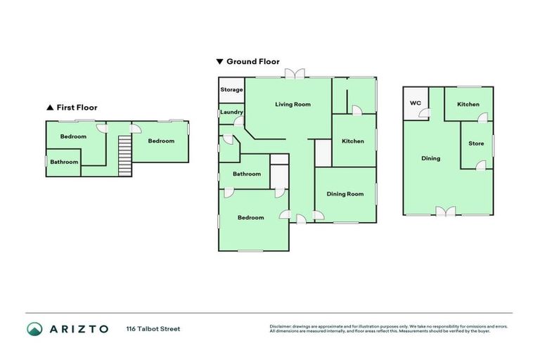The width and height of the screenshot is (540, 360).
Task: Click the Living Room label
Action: (292, 104)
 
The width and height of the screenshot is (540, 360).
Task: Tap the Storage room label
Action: (232, 90)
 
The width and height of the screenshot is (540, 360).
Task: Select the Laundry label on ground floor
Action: (231, 112)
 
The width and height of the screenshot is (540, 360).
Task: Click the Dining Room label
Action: (345, 194)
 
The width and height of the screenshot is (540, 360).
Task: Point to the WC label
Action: (416, 103)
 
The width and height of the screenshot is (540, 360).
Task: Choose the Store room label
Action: (476, 144)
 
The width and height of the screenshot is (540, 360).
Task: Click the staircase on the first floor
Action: (124, 155)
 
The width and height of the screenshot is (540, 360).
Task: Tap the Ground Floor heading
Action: (252, 62)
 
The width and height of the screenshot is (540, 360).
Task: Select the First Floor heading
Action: (76, 108)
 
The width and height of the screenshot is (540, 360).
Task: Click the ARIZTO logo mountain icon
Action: (35, 328)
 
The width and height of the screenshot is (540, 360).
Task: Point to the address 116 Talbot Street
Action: (153, 329)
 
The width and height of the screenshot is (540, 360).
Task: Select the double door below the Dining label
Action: (441, 212)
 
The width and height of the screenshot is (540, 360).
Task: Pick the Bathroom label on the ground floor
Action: (247, 174)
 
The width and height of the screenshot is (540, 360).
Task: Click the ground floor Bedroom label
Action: (250, 218)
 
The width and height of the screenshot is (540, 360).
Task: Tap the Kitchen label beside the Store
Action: (468, 105)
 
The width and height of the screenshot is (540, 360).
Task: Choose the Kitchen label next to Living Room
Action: (353, 141)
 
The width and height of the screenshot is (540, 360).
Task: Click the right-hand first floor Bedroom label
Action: (161, 141)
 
